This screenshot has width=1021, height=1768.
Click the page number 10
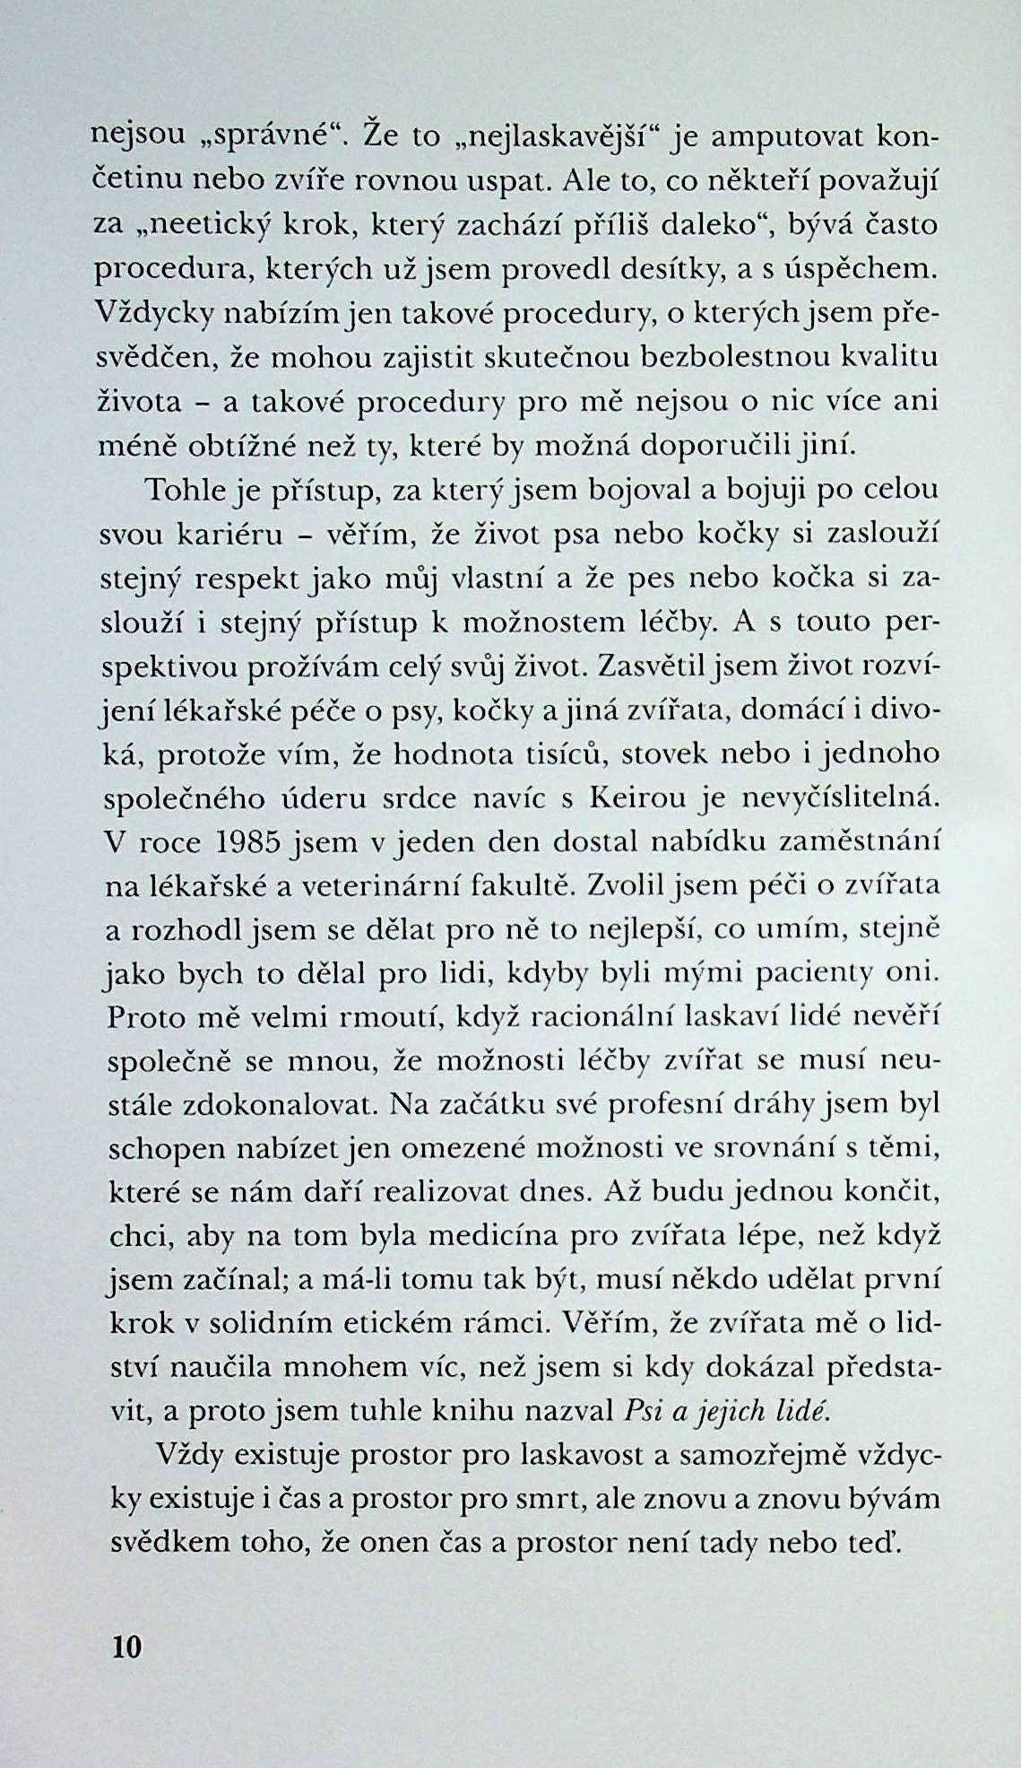point(125,1647)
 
